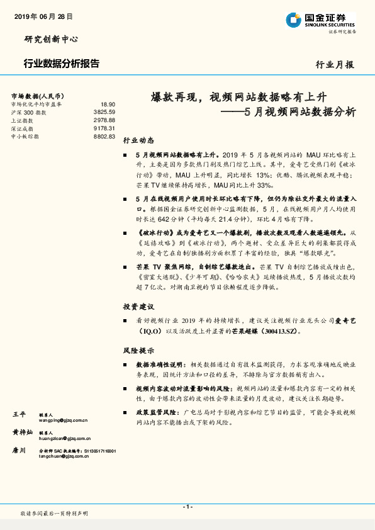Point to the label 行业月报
pyautogui.click(x=335, y=64)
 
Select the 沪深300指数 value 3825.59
pyautogui.click(x=104, y=111)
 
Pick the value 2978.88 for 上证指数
pyautogui.click(x=104, y=120)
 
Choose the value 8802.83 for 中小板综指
pyautogui.click(x=104, y=136)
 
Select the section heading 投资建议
pyautogui.click(x=138, y=307)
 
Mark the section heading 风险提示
pyautogui.click(x=138, y=350)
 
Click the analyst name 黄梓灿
pyautogui.click(x=23, y=433)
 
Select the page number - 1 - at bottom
pyautogui.click(x=187, y=507)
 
